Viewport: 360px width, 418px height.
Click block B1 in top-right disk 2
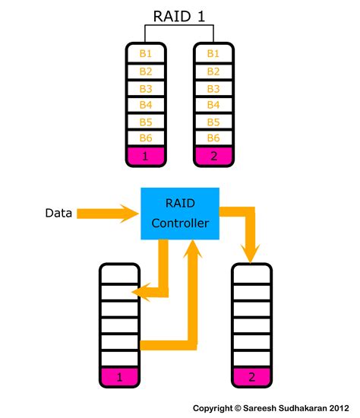(213, 53)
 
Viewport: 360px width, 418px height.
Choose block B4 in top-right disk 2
(213, 104)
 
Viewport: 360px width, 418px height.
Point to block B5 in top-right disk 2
(213, 121)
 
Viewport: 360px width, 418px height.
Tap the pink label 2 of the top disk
(213, 157)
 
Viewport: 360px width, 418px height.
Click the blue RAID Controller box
(179, 214)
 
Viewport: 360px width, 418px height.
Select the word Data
(58, 214)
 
